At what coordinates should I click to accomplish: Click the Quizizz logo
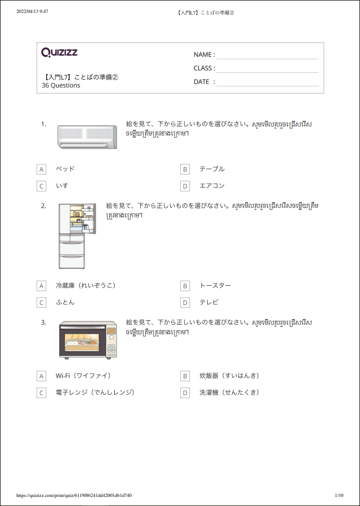(59, 53)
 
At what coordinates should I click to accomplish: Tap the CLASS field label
(204, 68)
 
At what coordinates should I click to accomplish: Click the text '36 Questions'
(61, 86)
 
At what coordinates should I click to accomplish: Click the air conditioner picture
(88, 137)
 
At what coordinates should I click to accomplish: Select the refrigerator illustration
(77, 235)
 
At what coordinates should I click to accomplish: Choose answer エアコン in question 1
(212, 186)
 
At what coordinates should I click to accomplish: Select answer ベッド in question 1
(65, 169)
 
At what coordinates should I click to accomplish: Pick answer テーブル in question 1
(212, 169)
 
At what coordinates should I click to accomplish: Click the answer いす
(62, 186)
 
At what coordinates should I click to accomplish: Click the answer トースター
(215, 286)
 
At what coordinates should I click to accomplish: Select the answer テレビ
(209, 302)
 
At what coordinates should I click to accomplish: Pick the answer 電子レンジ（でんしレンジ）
(95, 392)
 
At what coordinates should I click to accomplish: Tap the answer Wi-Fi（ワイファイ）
(83, 376)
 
